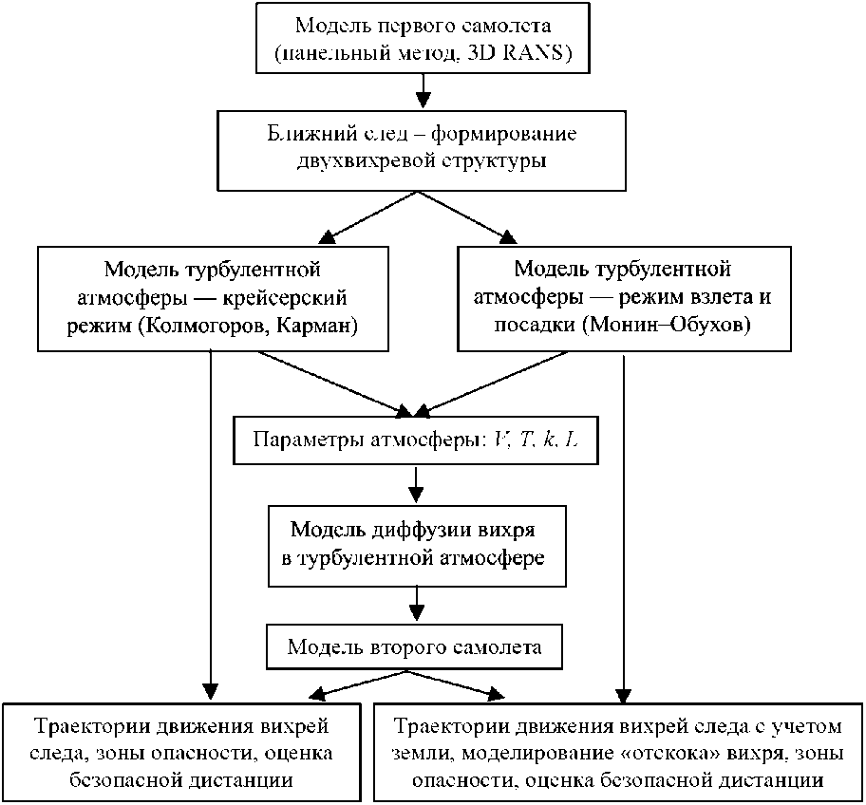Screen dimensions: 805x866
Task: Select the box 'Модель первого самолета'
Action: (x=422, y=39)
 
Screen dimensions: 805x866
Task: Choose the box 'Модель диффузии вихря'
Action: (x=418, y=543)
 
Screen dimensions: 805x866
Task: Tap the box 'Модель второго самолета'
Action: (x=416, y=648)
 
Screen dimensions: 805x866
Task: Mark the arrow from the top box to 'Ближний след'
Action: (x=424, y=91)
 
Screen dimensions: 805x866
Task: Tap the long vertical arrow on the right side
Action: (x=623, y=522)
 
